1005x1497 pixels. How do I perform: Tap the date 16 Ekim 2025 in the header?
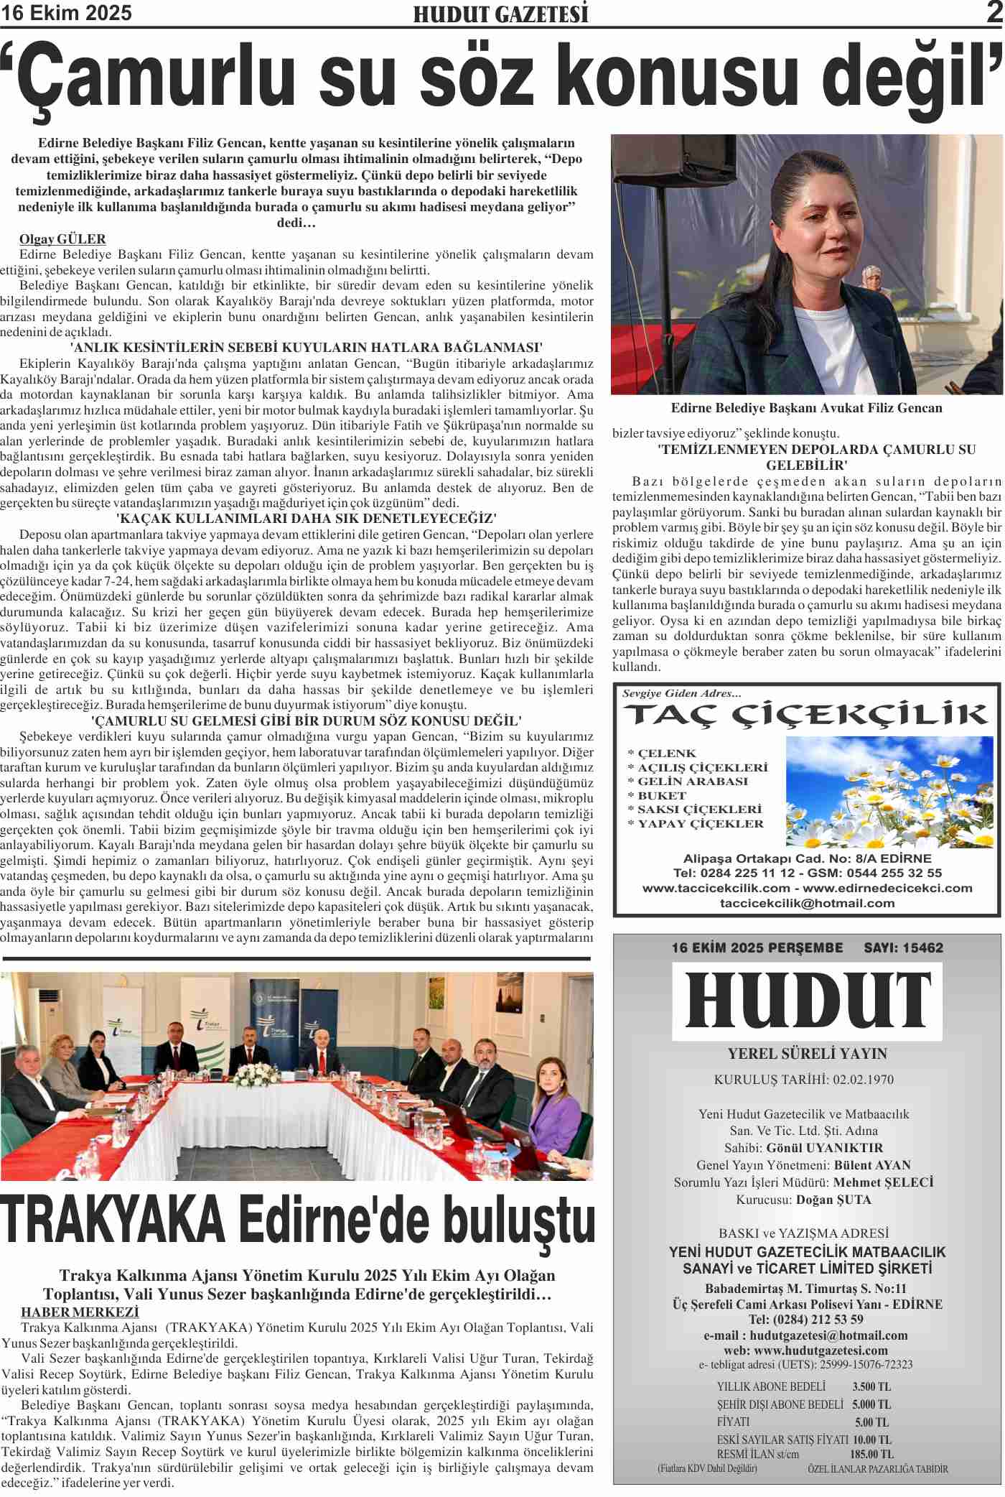click(x=67, y=13)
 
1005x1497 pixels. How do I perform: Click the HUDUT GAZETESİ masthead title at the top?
click(x=500, y=14)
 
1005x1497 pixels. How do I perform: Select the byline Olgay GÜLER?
click(x=62, y=239)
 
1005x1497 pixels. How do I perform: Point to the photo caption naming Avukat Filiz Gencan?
click(x=806, y=408)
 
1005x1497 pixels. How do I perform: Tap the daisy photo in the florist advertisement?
click(x=889, y=792)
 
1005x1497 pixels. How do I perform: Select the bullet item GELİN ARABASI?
click(x=687, y=781)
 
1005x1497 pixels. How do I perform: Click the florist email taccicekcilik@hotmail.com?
click(x=807, y=903)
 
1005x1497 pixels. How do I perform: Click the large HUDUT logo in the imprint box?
click(x=807, y=1001)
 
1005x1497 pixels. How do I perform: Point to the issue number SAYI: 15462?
click(x=903, y=947)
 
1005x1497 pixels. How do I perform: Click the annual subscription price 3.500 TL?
click(x=871, y=1386)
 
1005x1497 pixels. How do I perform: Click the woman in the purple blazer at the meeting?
click(x=554, y=1113)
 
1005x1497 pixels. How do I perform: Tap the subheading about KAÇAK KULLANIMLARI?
click(x=307, y=518)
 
